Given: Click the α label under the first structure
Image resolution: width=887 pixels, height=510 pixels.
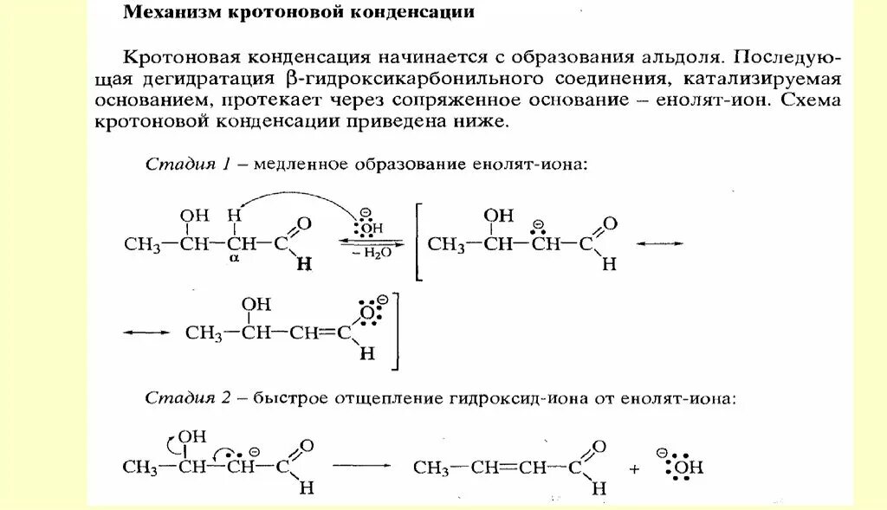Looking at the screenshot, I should [234, 258].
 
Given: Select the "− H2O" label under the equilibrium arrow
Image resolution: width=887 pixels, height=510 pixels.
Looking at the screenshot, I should [370, 255].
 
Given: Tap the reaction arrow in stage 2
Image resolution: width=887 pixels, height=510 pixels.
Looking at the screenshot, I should [361, 465].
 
